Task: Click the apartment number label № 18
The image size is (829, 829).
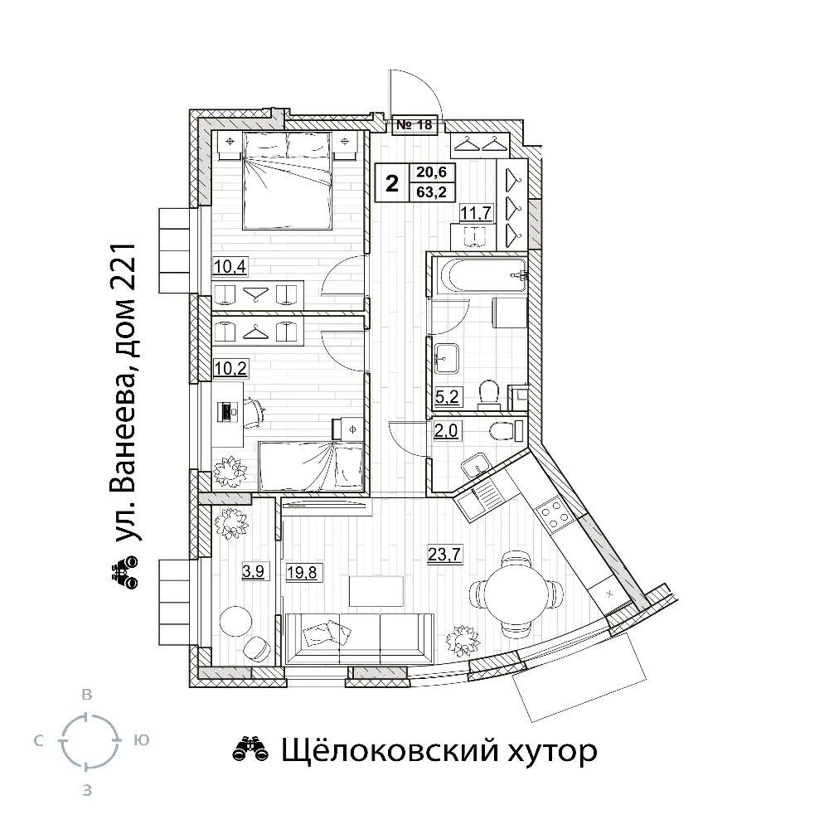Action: pos(414,125)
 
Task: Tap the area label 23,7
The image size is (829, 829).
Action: pos(444,554)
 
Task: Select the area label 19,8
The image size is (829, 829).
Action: pos(302,571)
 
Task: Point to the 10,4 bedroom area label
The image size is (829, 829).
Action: pos(230,266)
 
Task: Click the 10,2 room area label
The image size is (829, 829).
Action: pos(230,368)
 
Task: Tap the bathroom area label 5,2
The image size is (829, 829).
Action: pos(447,396)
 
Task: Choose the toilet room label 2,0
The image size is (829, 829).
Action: pos(446,431)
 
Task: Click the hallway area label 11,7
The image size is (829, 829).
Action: pos(476,213)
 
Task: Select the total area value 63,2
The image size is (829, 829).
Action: pos(431,192)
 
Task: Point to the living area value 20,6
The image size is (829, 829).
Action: pos(431,172)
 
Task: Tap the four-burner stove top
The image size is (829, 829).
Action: pos(554,513)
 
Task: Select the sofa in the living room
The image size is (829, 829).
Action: pos(359,638)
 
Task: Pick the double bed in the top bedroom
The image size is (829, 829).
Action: pos(288,181)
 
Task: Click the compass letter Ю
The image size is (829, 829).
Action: pos(142,740)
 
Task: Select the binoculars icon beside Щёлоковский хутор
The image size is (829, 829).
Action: pos(251,749)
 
